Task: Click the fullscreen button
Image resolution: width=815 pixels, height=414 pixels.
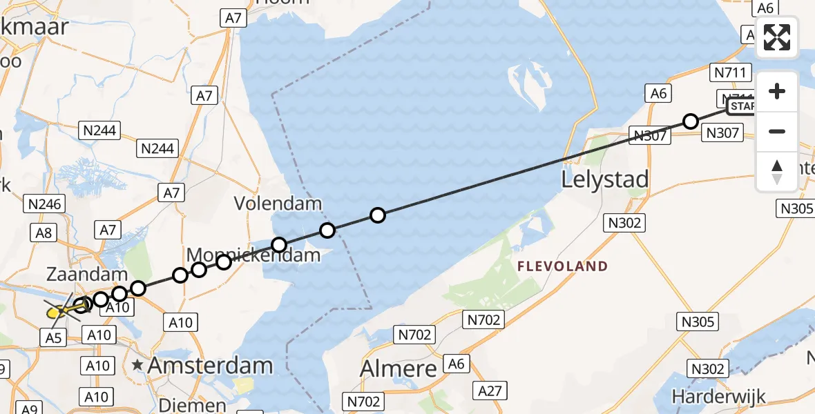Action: [777, 37]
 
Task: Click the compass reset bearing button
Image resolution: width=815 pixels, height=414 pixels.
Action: [777, 171]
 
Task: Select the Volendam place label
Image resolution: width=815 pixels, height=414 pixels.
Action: [278, 204]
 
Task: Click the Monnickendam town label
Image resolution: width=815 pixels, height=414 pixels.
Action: [254, 255]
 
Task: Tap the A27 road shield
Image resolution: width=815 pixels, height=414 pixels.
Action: [490, 391]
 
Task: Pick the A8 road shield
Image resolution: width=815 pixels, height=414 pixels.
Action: [46, 232]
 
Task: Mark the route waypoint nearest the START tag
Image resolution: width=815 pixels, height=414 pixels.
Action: [690, 121]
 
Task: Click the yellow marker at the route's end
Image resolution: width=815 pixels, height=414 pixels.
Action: [54, 313]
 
